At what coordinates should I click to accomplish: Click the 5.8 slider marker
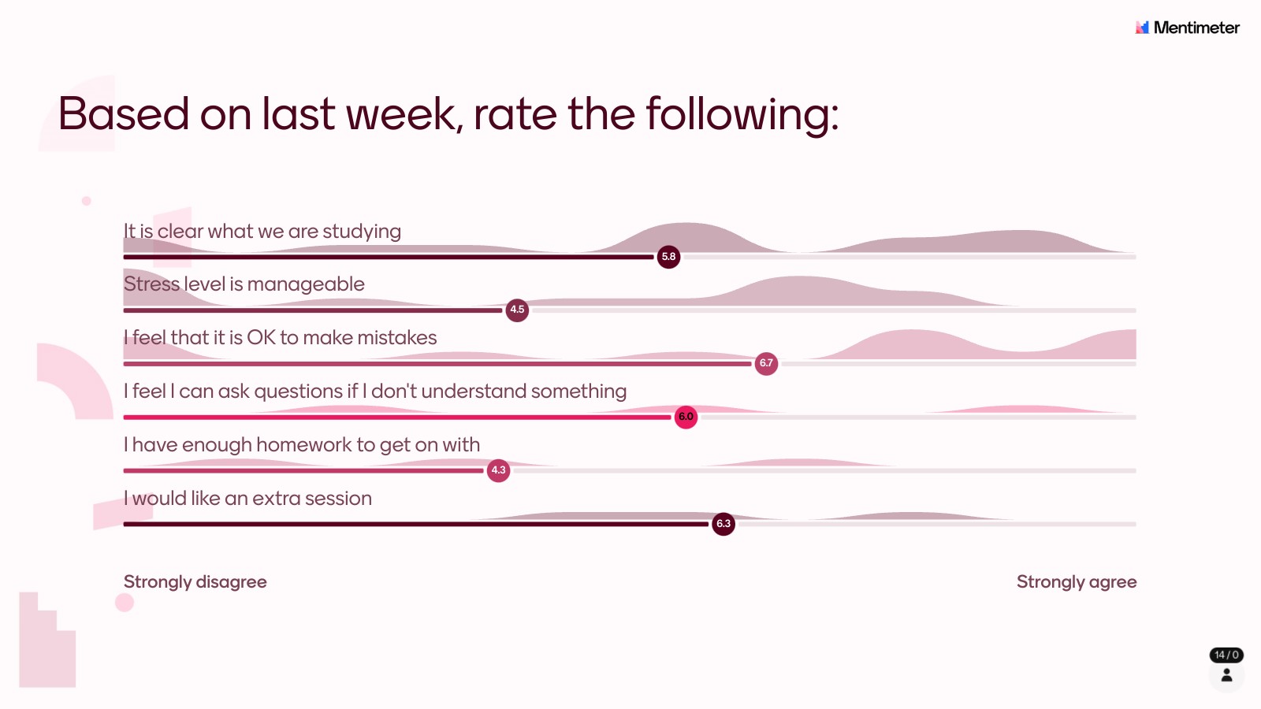[x=668, y=257]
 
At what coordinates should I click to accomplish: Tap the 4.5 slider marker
[x=517, y=310]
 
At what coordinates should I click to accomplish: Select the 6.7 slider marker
[x=766, y=363]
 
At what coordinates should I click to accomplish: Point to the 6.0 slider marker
[x=686, y=417]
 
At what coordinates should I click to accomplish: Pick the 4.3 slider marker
[x=498, y=470]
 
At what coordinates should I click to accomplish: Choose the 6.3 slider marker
[x=723, y=524]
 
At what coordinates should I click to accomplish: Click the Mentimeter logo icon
[x=1142, y=27]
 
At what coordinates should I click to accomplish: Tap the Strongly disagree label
[x=195, y=582]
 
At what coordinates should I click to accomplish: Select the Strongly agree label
[x=1077, y=582]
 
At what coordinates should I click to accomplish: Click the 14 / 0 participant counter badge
[x=1226, y=655]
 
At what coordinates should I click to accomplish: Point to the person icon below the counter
[x=1226, y=675]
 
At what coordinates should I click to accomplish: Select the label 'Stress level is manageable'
[x=244, y=284]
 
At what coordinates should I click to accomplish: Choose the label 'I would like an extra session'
[x=247, y=499]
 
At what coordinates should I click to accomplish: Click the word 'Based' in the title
[x=123, y=114]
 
